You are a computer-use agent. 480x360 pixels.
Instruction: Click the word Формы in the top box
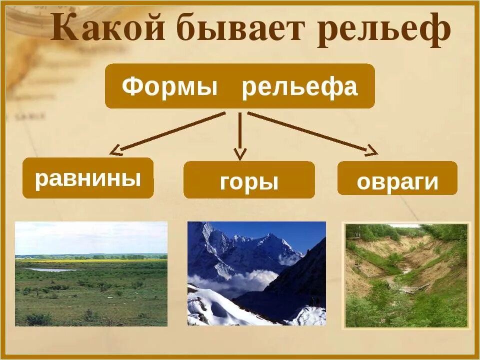(x=170, y=87)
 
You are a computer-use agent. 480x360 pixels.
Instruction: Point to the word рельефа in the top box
(x=300, y=87)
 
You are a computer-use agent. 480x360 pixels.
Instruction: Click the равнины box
(x=88, y=178)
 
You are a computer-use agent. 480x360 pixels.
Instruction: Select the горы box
(x=249, y=180)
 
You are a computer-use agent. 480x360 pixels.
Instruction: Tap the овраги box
(x=397, y=178)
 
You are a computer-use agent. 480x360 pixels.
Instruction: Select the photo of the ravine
(x=406, y=275)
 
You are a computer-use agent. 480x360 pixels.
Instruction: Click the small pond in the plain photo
(x=50, y=269)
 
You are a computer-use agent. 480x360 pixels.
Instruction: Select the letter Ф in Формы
(x=131, y=87)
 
